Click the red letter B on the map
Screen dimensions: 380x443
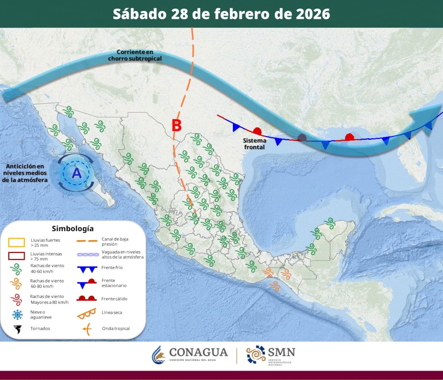[x=176, y=126]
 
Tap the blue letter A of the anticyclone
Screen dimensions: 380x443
[x=76, y=172]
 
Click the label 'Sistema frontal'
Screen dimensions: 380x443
[x=254, y=144]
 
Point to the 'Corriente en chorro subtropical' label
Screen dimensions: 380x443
[x=135, y=55]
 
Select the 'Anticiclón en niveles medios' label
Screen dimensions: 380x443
[x=25, y=173]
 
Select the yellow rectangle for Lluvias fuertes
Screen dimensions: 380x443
[x=17, y=243]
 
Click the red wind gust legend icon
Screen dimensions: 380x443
[x=17, y=299]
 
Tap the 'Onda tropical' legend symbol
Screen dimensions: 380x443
[x=86, y=329]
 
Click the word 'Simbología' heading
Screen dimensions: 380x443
[x=73, y=228]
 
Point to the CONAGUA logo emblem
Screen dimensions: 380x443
[x=159, y=355]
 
